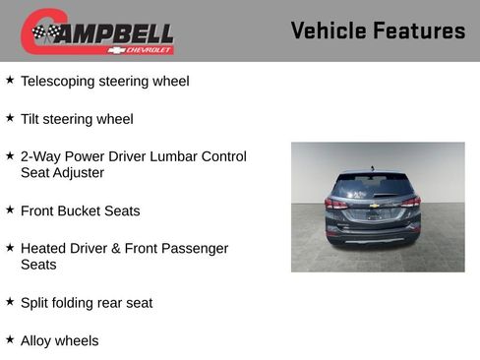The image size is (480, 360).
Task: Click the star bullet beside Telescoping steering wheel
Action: tap(10, 80)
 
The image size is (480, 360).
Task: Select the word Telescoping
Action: tap(61, 81)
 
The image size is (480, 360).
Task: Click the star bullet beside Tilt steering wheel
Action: tap(10, 118)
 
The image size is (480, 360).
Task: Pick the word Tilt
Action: tap(31, 119)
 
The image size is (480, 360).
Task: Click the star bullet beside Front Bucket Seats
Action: tap(10, 210)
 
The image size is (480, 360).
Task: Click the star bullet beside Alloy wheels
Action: tap(10, 339)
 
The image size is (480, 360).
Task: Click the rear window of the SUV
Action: tap(373, 187)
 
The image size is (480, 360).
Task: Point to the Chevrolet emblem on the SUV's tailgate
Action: tap(374, 205)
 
